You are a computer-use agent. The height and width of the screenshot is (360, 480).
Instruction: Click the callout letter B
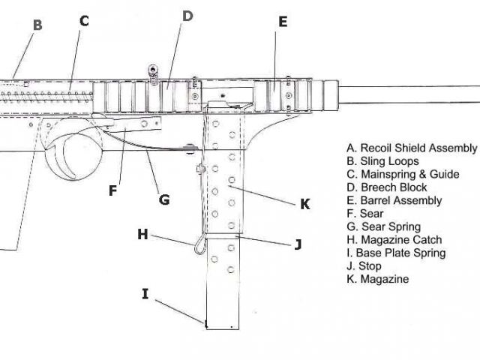(37, 25)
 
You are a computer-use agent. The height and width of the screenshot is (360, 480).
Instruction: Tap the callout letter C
(84, 21)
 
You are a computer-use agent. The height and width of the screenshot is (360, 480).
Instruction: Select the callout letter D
(187, 16)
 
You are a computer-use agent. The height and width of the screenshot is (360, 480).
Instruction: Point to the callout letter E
(283, 22)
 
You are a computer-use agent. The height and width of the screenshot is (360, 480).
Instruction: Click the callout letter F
(112, 190)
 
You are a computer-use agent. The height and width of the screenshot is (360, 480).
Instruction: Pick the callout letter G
(163, 199)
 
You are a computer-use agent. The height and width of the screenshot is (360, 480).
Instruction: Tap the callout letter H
(142, 234)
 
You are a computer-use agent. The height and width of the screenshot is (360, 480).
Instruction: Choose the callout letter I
(145, 293)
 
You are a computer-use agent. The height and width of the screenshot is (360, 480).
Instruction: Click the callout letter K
(305, 203)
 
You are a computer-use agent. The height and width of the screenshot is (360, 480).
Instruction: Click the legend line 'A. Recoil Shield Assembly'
(411, 148)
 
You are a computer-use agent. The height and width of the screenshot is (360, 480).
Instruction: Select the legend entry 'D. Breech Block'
(386, 187)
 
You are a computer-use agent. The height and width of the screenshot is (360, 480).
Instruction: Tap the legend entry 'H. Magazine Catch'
(394, 240)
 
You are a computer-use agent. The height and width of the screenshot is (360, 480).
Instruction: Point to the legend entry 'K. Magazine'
(377, 279)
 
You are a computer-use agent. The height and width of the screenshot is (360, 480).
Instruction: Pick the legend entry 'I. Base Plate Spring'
(396, 253)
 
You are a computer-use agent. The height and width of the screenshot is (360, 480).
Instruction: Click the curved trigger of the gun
(64, 154)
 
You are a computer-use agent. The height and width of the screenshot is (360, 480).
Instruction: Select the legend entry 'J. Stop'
(364, 266)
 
